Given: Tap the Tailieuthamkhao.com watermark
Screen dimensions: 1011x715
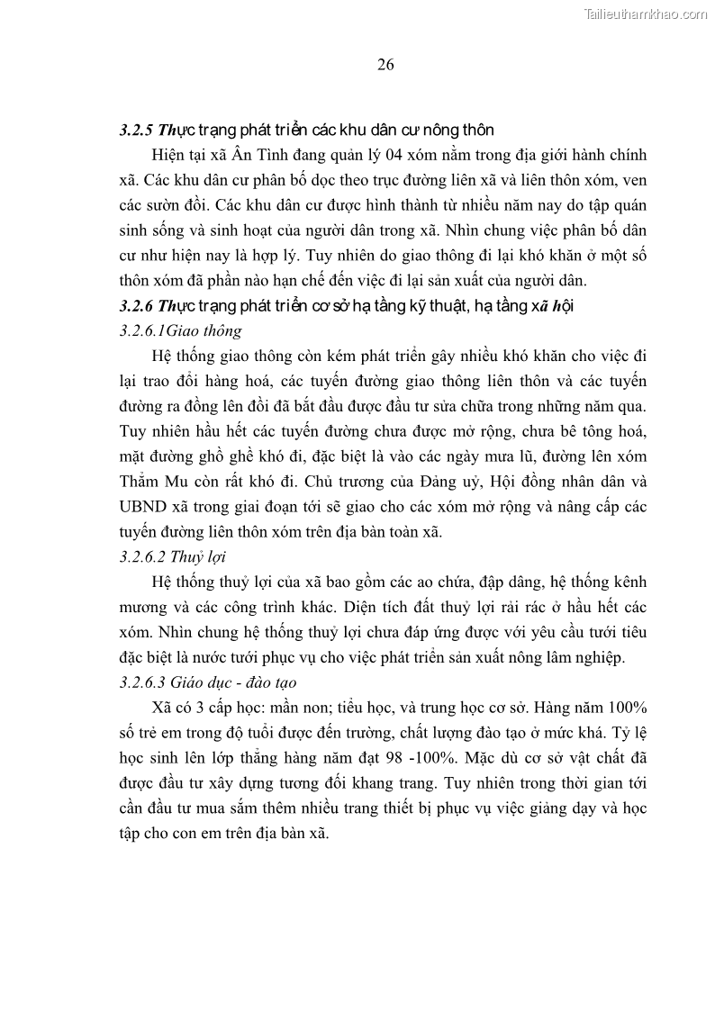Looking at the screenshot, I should coord(647,14).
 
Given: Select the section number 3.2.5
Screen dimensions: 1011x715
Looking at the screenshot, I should coord(136,130).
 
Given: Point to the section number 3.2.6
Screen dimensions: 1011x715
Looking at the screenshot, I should coord(136,306).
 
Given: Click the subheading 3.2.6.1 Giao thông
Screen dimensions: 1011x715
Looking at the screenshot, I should coord(180,330).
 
